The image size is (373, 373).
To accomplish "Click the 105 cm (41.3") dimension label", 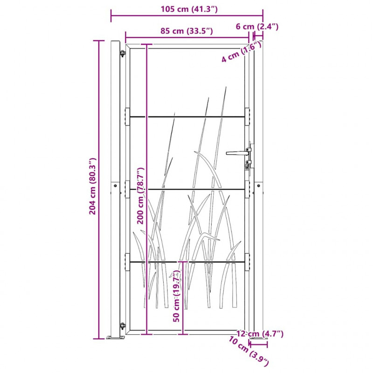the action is [189, 9].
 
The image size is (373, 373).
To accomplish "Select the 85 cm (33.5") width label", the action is [186, 31].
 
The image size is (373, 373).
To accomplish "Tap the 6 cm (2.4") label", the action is [257, 27].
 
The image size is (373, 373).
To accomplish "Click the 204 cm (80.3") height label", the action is [92, 186].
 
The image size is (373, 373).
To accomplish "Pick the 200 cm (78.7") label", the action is [141, 195].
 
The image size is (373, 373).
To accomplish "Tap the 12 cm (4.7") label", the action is [260, 334].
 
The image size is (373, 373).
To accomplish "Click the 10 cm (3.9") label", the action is [249, 351].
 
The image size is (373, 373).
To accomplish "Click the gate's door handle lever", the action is [237, 153].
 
